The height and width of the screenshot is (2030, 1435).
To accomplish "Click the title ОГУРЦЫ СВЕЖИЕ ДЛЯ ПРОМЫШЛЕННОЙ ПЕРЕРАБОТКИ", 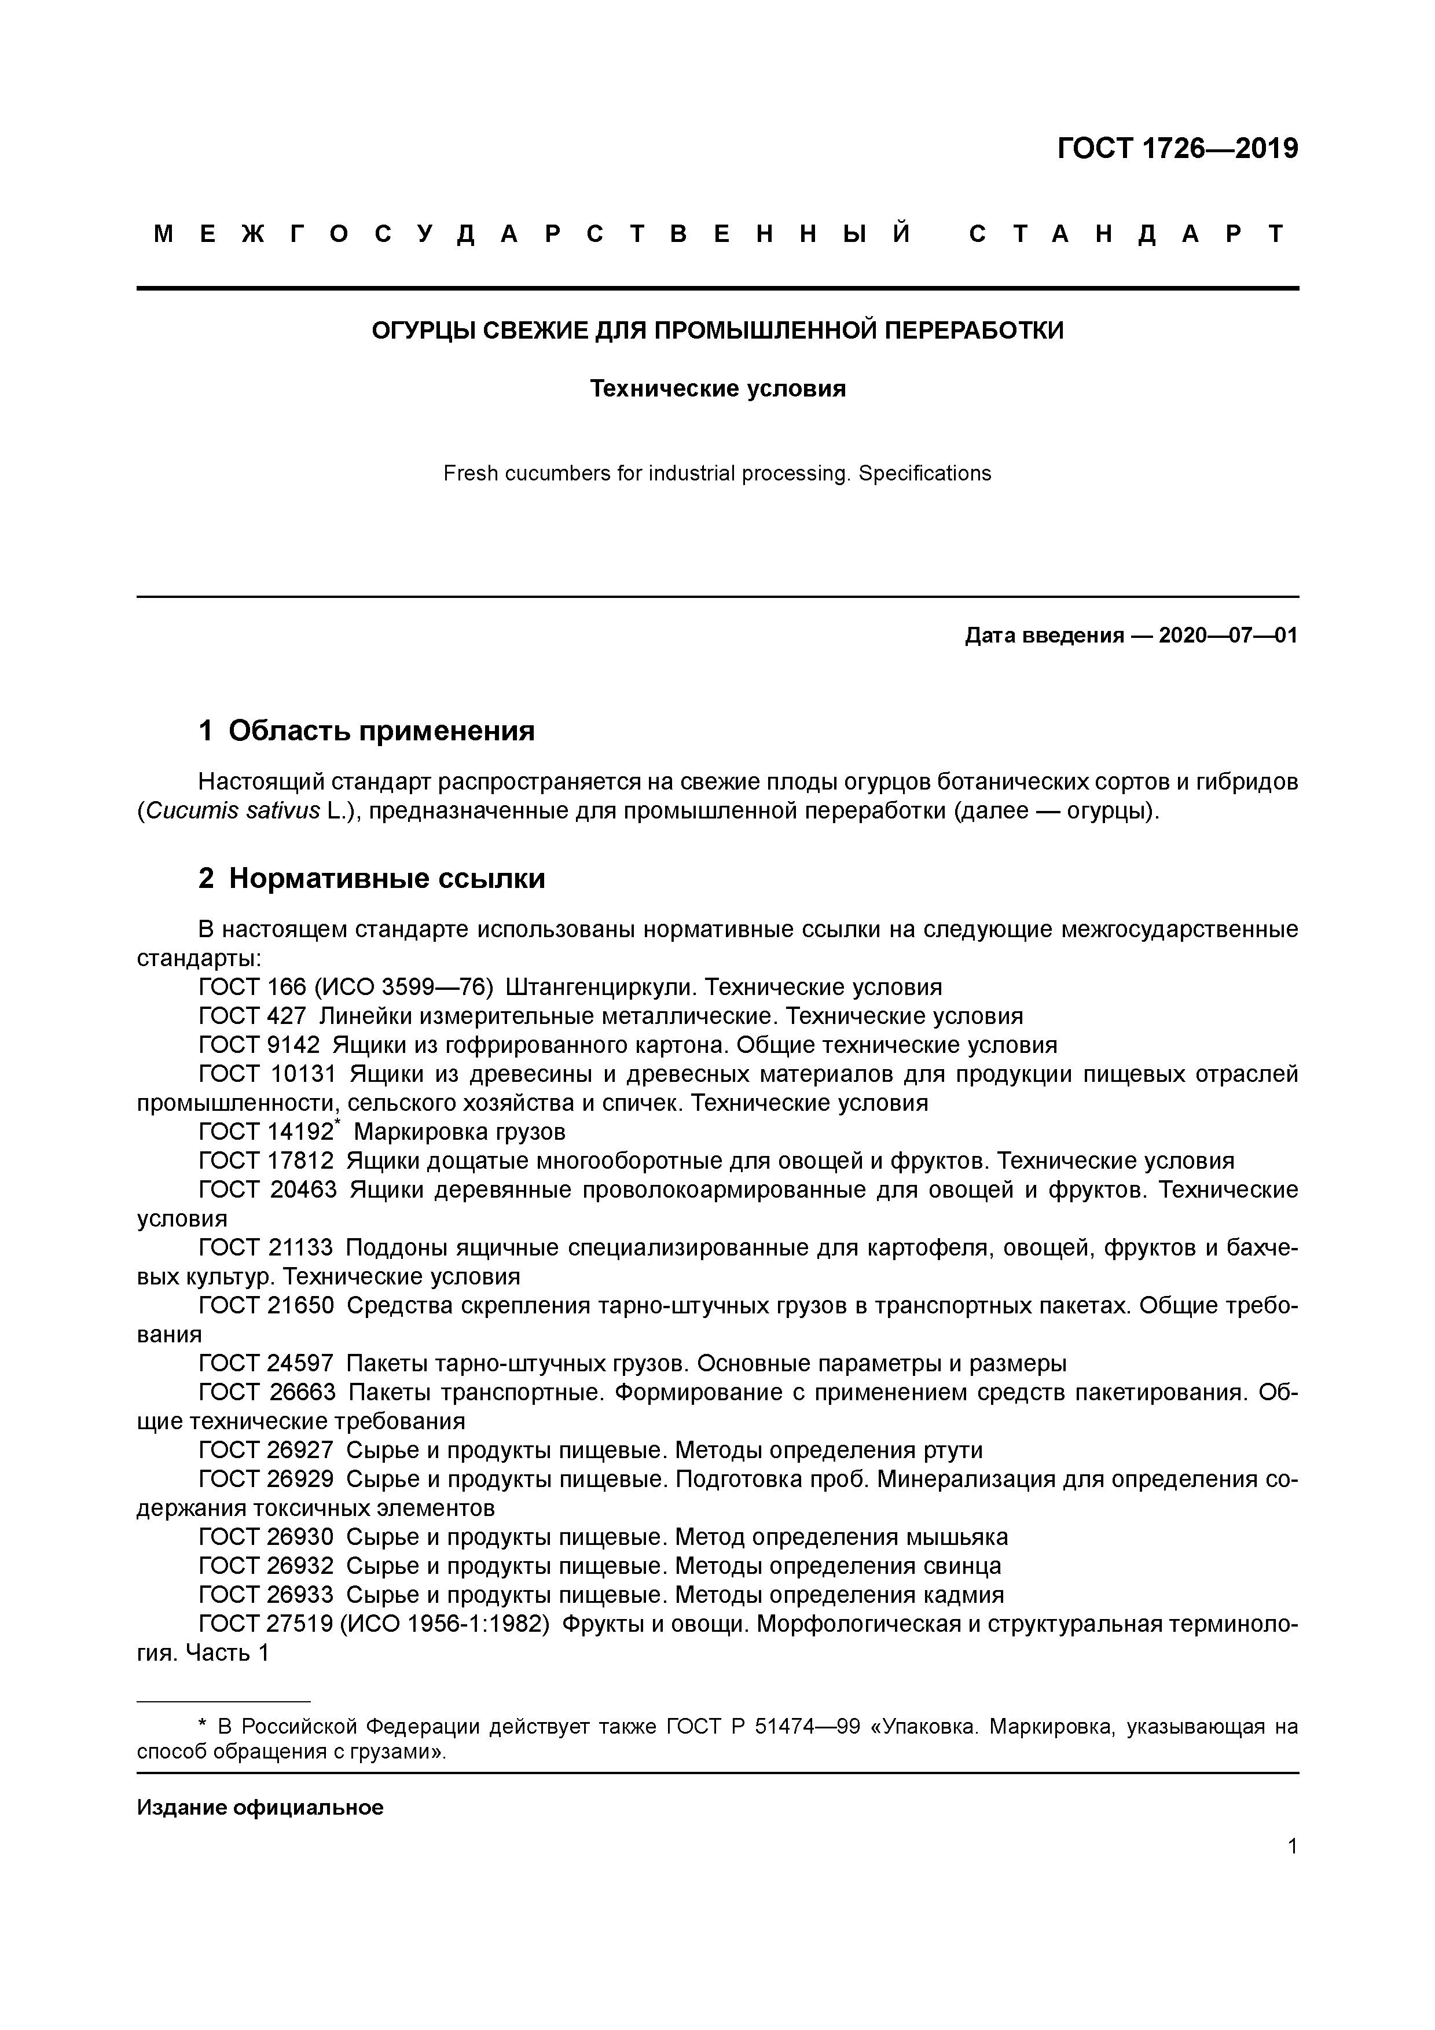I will point(717,331).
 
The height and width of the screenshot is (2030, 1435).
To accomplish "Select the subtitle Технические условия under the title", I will point(717,389).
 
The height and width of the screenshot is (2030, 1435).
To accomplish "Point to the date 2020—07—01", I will point(1227,635).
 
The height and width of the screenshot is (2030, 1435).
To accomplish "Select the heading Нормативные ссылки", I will point(386,878).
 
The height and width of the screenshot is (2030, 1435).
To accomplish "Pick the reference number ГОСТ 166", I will point(251,987).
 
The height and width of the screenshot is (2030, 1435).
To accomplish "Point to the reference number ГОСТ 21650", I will point(265,1306).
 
